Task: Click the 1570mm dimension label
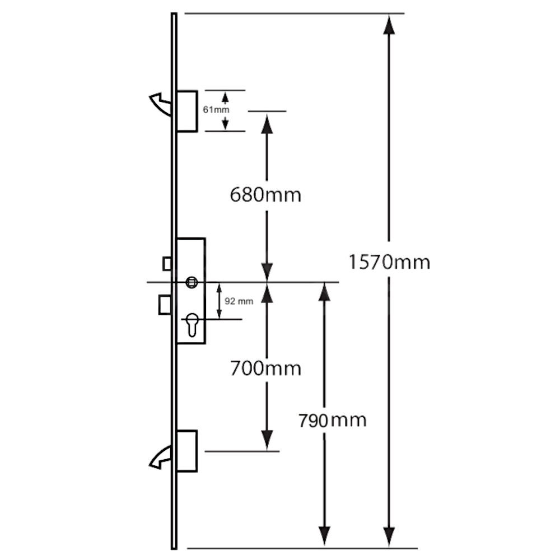(389, 262)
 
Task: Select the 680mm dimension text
(265, 195)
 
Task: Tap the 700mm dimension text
(265, 368)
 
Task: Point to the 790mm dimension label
(332, 419)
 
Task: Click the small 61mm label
(216, 110)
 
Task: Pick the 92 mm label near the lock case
(239, 301)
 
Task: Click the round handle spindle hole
(192, 282)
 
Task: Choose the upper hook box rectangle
(187, 111)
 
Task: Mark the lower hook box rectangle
(187, 451)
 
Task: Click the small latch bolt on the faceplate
(166, 263)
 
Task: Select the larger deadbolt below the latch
(164, 304)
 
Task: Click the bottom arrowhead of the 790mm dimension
(324, 536)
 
